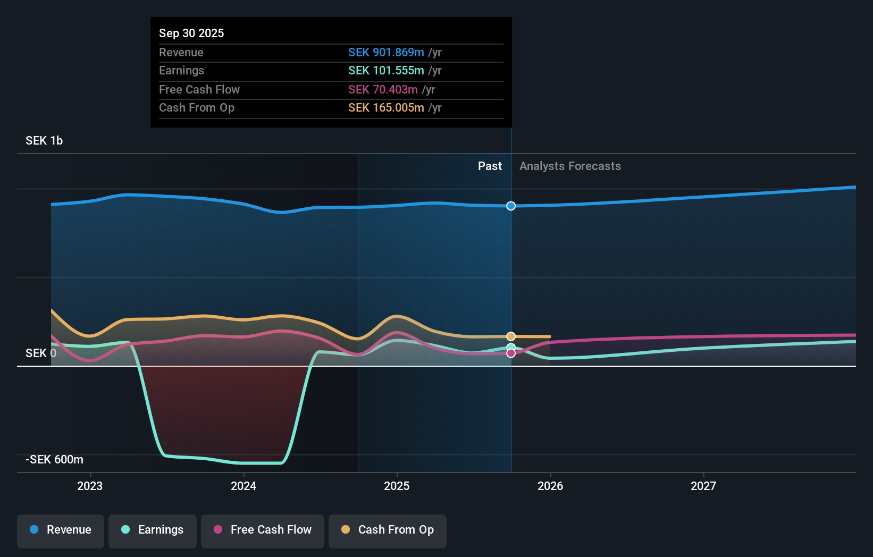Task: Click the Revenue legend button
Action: click(x=61, y=530)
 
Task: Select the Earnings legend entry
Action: click(x=153, y=530)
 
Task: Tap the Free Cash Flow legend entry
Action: click(x=263, y=530)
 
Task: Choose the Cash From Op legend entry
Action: click(x=388, y=530)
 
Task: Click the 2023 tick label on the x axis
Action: click(x=90, y=486)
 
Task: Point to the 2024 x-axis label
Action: click(x=244, y=486)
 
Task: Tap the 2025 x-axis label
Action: click(x=397, y=486)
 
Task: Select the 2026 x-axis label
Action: click(x=550, y=486)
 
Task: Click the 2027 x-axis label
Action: click(x=703, y=486)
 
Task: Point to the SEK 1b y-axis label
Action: click(x=44, y=141)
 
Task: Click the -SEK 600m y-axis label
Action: click(x=54, y=460)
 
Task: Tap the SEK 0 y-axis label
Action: click(x=41, y=353)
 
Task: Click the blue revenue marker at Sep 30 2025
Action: click(x=511, y=206)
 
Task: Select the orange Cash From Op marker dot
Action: click(x=511, y=336)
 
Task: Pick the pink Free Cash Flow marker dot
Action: click(x=511, y=353)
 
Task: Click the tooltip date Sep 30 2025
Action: click(x=191, y=33)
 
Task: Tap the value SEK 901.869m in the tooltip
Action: click(x=386, y=53)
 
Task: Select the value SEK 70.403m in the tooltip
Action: click(x=383, y=90)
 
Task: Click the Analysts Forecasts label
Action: click(x=570, y=166)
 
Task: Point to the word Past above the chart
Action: click(x=490, y=166)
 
